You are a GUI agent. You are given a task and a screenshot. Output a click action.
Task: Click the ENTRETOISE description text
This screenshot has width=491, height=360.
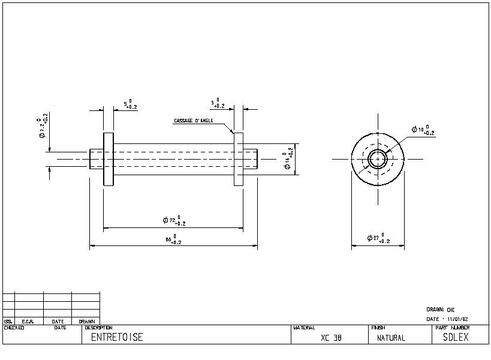tap(117, 337)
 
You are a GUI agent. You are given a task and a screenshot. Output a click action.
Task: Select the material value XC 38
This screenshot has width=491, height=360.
tap(331, 338)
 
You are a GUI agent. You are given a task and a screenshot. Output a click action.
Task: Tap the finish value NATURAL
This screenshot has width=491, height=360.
tap(391, 338)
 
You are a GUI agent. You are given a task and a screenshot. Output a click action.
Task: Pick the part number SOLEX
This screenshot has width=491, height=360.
tap(456, 337)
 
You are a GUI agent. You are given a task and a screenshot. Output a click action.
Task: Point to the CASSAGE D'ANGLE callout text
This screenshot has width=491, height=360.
tap(194, 121)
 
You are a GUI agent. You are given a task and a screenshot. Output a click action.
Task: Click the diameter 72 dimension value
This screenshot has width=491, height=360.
tap(174, 221)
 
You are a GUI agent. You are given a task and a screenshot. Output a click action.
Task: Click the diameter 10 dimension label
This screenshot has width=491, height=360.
tap(423, 130)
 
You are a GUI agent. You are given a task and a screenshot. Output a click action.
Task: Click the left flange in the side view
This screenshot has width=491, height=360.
tap(109, 159)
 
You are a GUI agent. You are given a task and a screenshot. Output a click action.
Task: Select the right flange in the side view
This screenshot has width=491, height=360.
tap(239, 159)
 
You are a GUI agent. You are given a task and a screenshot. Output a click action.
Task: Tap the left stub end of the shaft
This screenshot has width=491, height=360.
tap(97, 159)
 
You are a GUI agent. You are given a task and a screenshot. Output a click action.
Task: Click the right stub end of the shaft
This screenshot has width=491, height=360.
tap(251, 159)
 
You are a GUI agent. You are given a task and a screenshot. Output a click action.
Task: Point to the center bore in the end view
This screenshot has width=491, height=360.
tap(378, 159)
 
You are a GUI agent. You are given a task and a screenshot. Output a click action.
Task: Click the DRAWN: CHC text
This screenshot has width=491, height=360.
tap(441, 310)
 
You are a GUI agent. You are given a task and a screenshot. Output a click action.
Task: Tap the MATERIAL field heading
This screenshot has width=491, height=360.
tap(304, 328)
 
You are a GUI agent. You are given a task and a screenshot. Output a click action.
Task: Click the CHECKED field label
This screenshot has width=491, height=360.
tap(14, 328)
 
